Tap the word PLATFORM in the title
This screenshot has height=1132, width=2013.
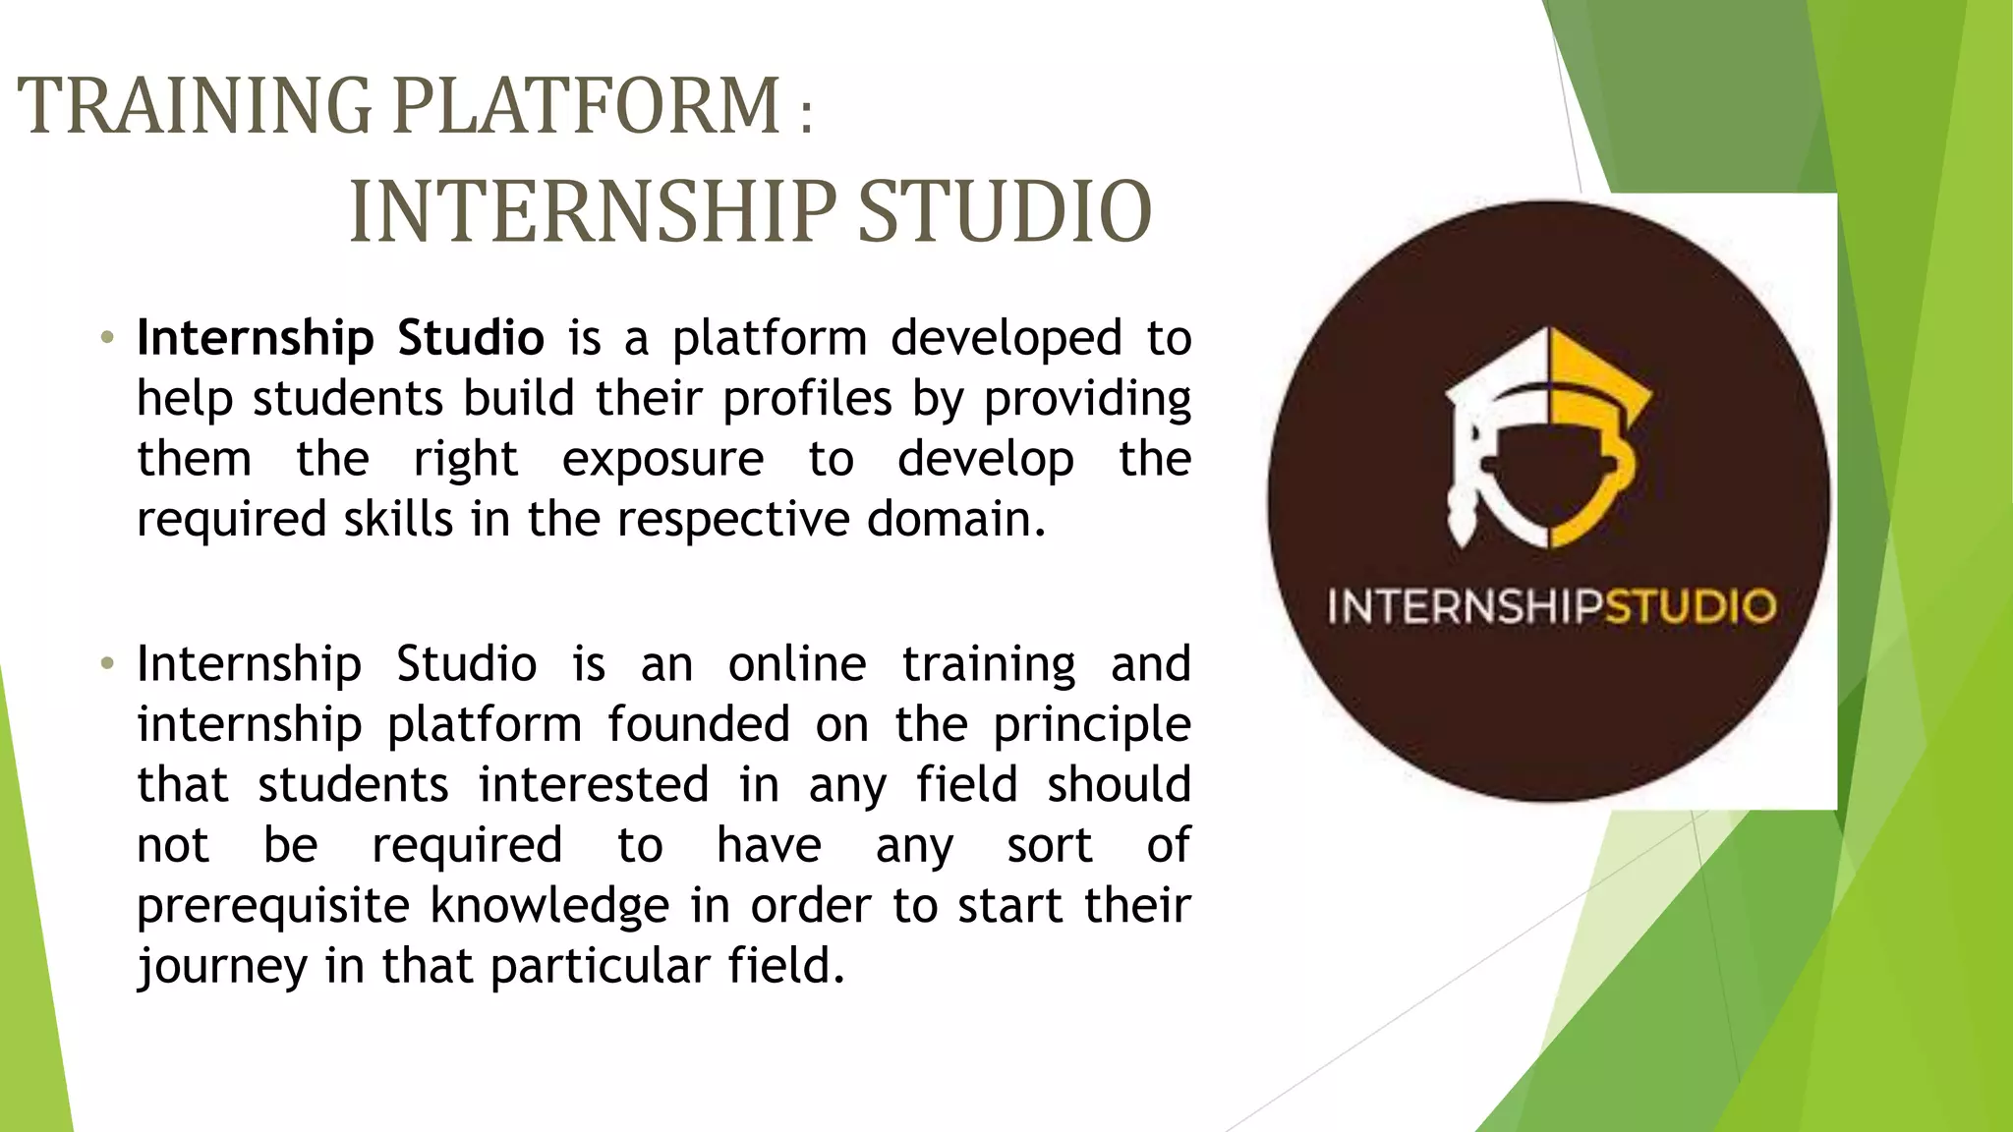pos(587,105)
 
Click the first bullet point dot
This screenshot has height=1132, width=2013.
pos(108,339)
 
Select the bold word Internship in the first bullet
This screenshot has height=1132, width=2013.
pos(256,339)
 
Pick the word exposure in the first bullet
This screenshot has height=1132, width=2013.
pos(662,460)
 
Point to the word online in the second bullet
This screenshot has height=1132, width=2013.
pos(797,664)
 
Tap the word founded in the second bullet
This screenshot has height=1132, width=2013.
pos(699,725)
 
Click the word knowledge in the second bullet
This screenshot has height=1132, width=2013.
pos(550,906)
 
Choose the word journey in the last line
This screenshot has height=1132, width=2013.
pos(222,967)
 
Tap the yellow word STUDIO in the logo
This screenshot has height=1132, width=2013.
pos(1691,606)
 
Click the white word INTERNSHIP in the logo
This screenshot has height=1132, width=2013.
pos(1466,606)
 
